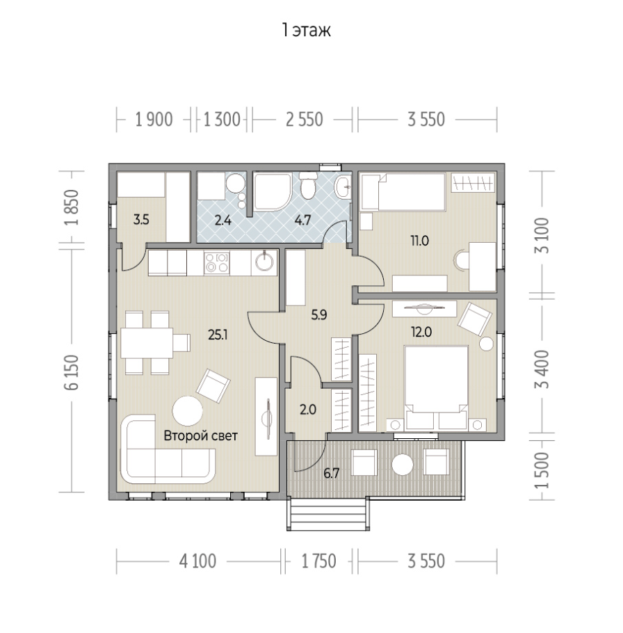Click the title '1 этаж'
306,31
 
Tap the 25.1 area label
218,335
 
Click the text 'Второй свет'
200,436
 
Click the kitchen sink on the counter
264,262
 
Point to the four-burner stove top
217,263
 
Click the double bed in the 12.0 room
436,387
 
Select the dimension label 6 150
72,372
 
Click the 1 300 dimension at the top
222,120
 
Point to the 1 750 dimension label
318,561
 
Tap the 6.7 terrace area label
331,473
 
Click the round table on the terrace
403,464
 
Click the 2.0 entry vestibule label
308,410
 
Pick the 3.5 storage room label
141,220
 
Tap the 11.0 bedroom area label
420,241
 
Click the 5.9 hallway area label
318,314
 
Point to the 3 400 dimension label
542,369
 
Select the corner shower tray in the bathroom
272,192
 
